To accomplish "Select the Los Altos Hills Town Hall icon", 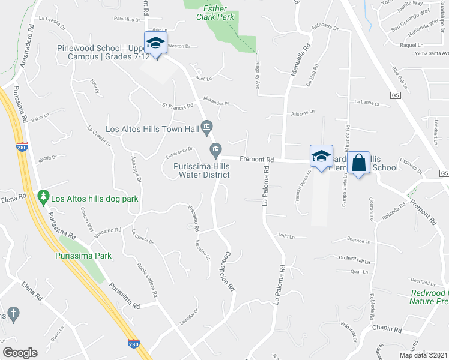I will (x=207, y=126).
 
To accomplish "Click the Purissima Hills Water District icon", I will (x=215, y=148).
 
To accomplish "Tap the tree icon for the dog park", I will (x=43, y=196).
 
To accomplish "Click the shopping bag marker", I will (x=358, y=162).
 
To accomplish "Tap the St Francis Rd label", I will (x=178, y=106).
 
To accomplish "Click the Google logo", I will (x=20, y=353).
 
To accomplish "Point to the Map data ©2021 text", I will (x=423, y=355).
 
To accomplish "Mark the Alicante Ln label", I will (x=302, y=112).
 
